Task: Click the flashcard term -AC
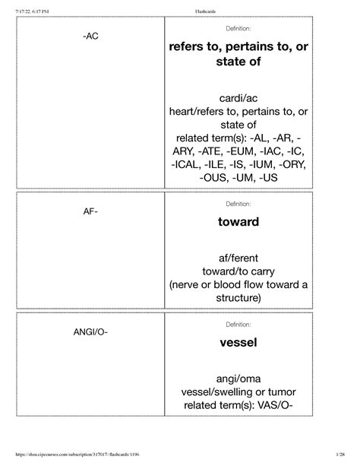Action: click(x=90, y=36)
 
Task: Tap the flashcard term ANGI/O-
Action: click(x=90, y=333)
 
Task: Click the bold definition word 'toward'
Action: click(x=239, y=222)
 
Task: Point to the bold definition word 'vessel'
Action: click(x=239, y=343)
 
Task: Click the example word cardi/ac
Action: click(x=239, y=99)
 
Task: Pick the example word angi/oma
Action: click(x=239, y=377)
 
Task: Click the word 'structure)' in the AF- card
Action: click(x=239, y=298)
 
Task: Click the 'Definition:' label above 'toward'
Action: click(x=239, y=204)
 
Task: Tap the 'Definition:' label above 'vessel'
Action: click(x=239, y=325)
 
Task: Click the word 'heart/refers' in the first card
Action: click(x=206, y=113)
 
